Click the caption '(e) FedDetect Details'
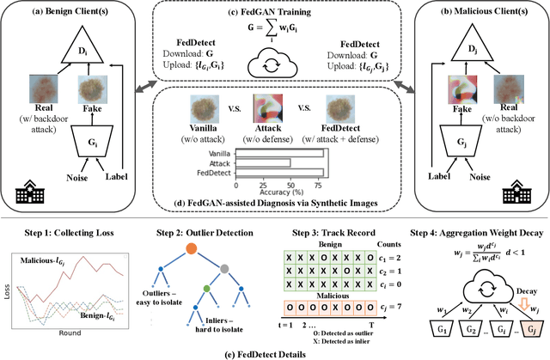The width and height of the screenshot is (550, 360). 274,352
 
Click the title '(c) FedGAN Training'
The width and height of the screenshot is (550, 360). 274,12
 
